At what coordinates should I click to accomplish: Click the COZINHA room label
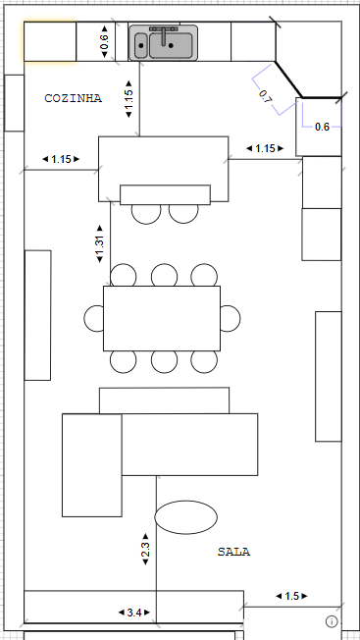pyautogui.click(x=73, y=98)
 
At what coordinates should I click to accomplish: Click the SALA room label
pyautogui.click(x=233, y=552)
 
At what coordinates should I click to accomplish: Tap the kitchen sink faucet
pyautogui.click(x=164, y=34)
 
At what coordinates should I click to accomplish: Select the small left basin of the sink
pyautogui.click(x=140, y=45)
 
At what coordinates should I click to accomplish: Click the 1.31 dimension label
pyautogui.click(x=100, y=243)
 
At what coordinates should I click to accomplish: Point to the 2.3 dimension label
pyautogui.click(x=145, y=549)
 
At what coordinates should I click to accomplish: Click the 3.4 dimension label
pyautogui.click(x=134, y=613)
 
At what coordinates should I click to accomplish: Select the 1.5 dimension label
pyautogui.click(x=292, y=597)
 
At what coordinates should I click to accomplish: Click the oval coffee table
pyautogui.click(x=186, y=517)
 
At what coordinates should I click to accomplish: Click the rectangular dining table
pyautogui.click(x=162, y=318)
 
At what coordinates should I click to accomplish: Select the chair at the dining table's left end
pyautogui.click(x=94, y=318)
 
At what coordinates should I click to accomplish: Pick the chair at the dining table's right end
pyautogui.click(x=231, y=318)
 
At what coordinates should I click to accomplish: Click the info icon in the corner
pyautogui.click(x=332, y=621)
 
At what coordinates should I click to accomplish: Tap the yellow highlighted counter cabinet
pyautogui.click(x=50, y=41)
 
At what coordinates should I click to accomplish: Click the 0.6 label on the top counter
pyautogui.click(x=104, y=41)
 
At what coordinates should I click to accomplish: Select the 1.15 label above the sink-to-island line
pyautogui.click(x=129, y=99)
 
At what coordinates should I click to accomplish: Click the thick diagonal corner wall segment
pyautogui.click(x=288, y=80)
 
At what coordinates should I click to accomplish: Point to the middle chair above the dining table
pyautogui.click(x=164, y=275)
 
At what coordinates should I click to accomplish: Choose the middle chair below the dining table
pyautogui.click(x=164, y=362)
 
